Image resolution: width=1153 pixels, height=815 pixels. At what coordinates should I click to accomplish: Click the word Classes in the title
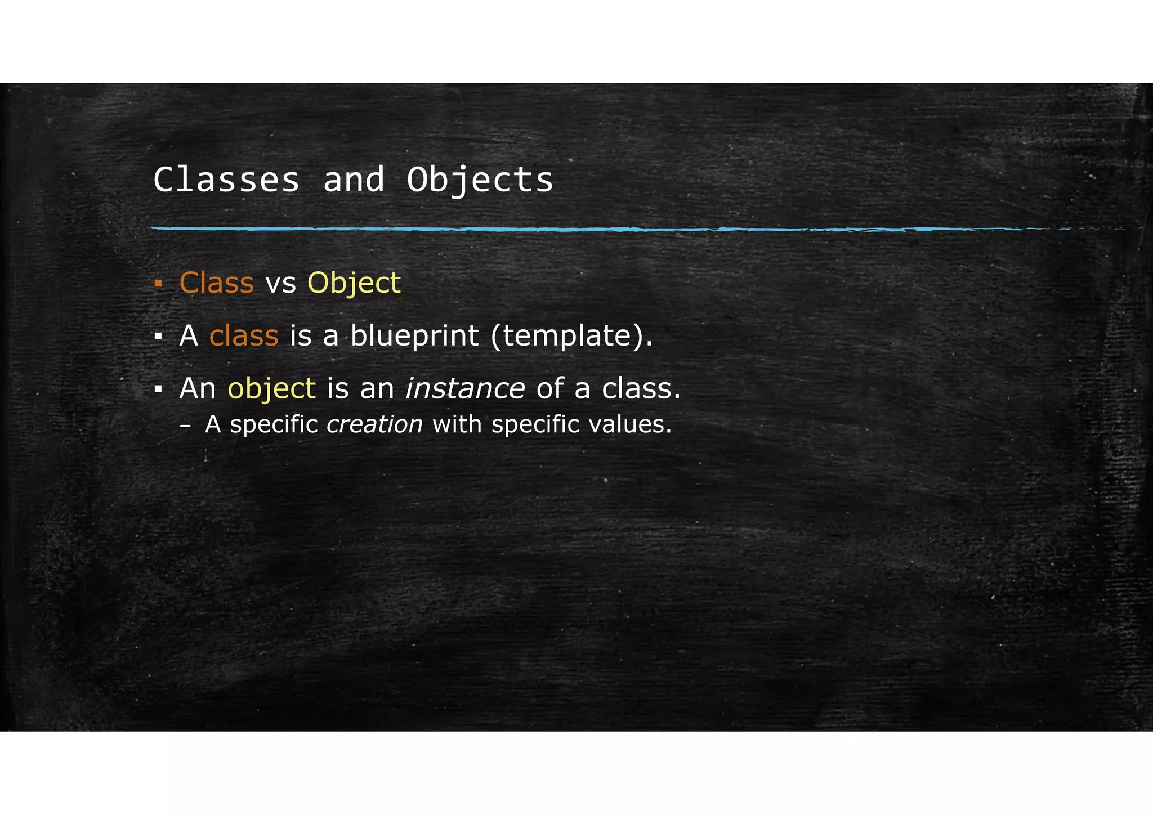(x=226, y=180)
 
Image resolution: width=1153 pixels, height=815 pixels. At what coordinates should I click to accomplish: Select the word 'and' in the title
(x=354, y=180)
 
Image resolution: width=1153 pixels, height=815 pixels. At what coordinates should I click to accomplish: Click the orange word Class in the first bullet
(x=216, y=283)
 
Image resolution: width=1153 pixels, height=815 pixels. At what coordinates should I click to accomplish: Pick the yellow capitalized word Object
(x=354, y=283)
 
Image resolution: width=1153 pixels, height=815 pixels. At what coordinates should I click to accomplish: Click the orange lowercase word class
(x=244, y=336)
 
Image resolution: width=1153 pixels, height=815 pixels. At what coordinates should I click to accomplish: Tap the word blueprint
(x=414, y=336)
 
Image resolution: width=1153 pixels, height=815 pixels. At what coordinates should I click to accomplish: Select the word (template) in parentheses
(x=571, y=337)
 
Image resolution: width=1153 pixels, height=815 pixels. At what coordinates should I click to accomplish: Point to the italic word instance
(x=465, y=388)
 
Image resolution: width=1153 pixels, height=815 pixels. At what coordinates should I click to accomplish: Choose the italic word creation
(x=374, y=424)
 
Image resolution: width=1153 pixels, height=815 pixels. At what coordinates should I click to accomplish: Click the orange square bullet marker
(x=158, y=283)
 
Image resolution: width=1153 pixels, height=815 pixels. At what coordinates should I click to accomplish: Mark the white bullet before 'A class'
(x=158, y=337)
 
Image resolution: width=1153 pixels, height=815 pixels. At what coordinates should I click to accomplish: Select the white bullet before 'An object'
(x=158, y=389)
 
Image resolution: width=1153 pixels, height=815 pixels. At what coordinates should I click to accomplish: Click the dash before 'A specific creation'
(x=185, y=426)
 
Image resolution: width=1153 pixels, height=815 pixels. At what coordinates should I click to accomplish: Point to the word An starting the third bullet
(x=198, y=388)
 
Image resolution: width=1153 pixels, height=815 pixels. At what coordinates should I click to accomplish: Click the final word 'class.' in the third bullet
(x=641, y=388)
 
